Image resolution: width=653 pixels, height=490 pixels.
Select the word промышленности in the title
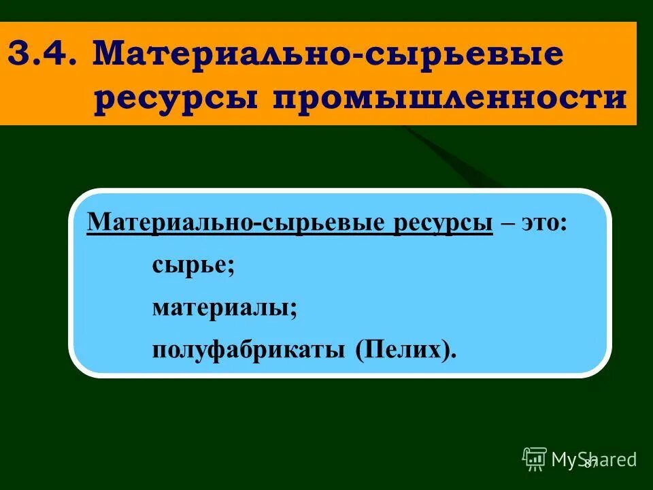450,99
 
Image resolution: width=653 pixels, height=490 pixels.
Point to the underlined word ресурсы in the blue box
441,223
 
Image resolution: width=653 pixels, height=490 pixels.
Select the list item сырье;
193,265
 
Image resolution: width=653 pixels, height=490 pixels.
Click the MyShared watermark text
594,459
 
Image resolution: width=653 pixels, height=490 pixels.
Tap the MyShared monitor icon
535,459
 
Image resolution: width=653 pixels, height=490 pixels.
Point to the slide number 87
590,463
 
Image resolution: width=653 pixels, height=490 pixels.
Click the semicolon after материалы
294,310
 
